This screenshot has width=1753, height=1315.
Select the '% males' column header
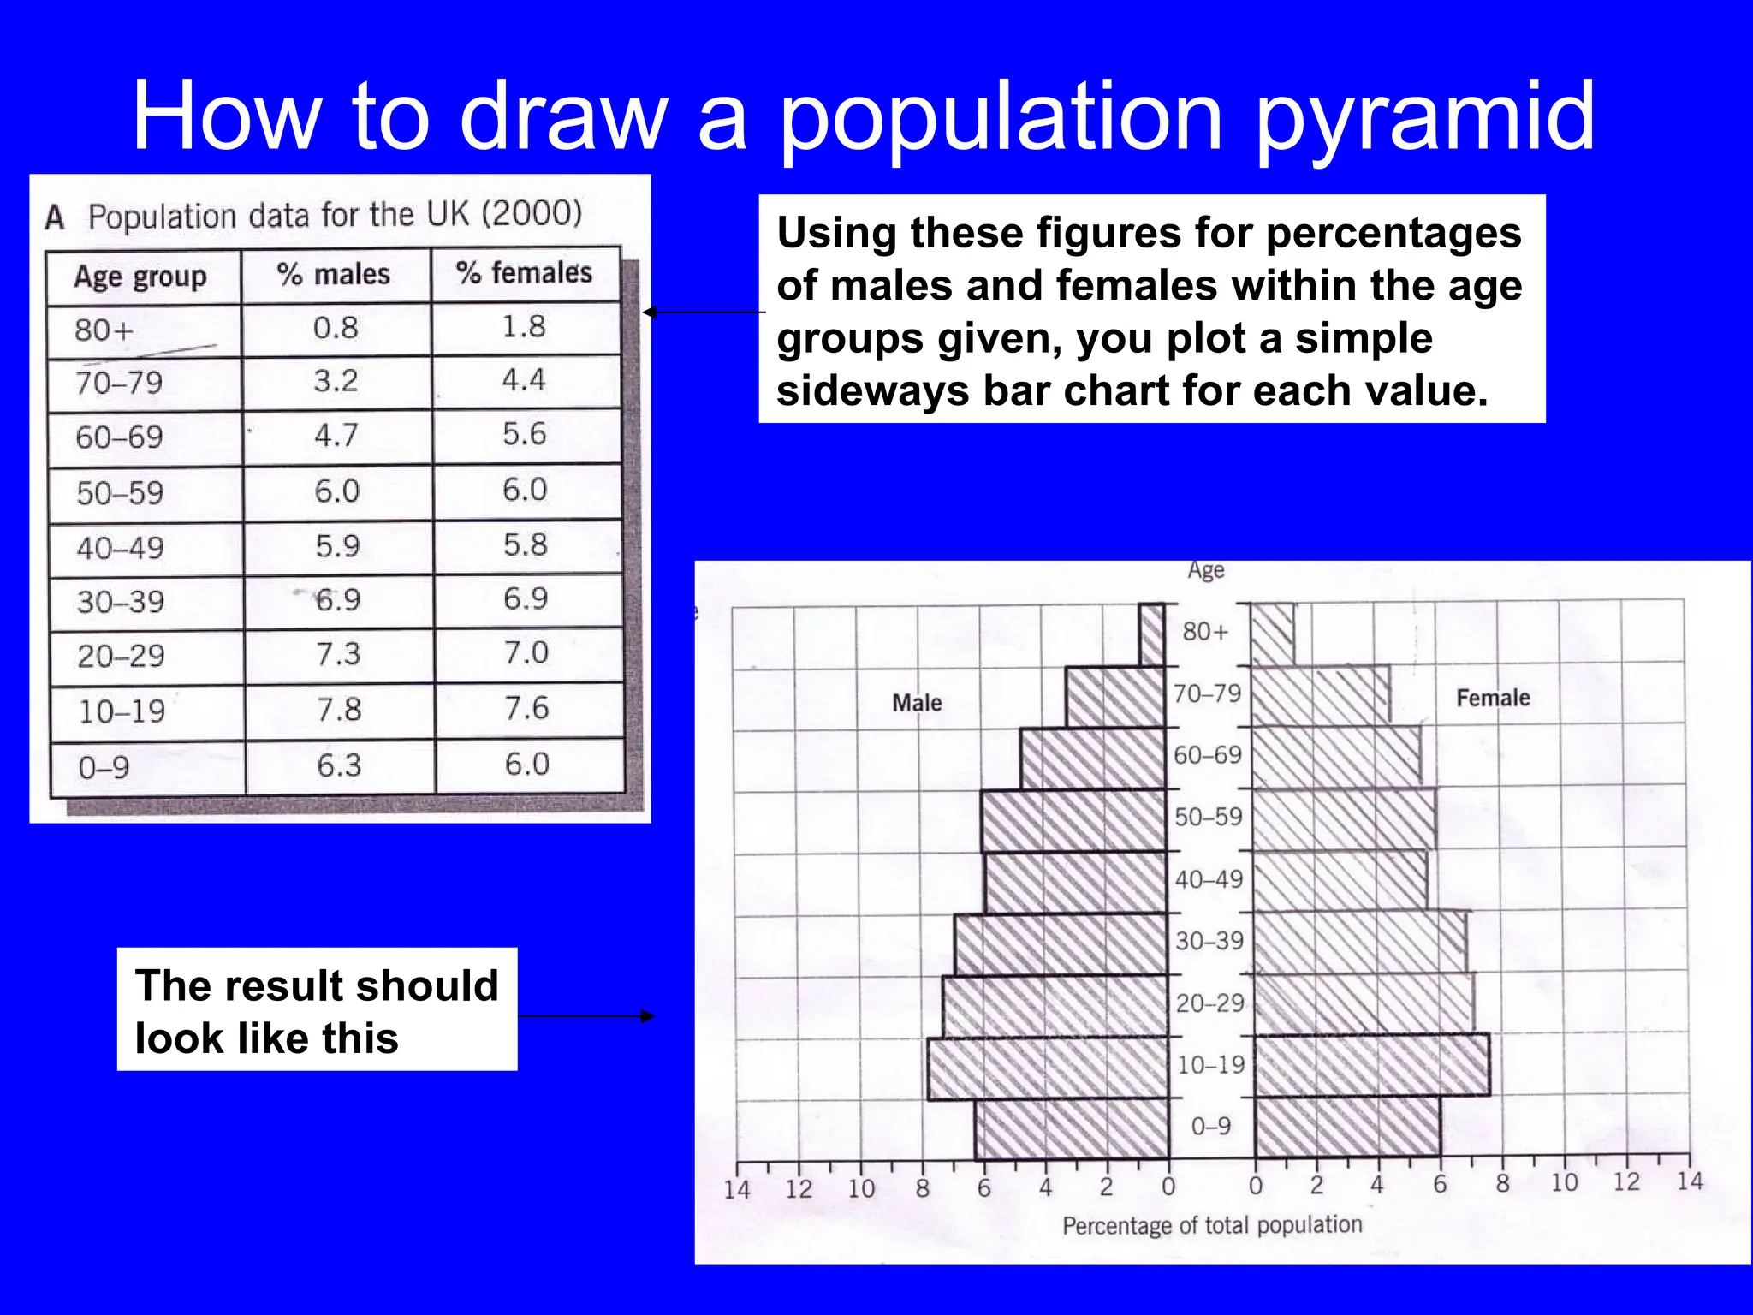pos(334,275)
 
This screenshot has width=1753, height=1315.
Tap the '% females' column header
pos(524,273)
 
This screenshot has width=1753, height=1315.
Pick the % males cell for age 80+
pos(336,328)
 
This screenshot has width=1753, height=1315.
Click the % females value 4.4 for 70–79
pos(524,379)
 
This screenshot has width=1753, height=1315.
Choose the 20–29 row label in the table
pos(121,656)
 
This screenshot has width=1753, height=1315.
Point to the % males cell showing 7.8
pos(339,710)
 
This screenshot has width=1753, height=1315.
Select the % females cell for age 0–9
pos(526,764)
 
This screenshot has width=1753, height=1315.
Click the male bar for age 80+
pos(1152,634)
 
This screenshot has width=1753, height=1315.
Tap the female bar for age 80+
pos(1273,634)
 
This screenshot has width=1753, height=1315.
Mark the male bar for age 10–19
pos(1049,1068)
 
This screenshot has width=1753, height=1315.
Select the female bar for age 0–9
pos(1347,1127)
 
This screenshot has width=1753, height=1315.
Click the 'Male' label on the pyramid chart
pos(917,703)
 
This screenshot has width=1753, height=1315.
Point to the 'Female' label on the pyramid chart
pos(1493,698)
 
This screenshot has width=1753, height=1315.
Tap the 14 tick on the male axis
pos(737,1189)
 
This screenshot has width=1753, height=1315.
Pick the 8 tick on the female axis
pos(1502,1184)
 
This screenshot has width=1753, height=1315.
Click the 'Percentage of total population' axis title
pos(1212,1225)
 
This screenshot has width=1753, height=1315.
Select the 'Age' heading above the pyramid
pos(1205,570)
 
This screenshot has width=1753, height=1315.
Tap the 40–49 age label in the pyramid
pos(1209,879)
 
